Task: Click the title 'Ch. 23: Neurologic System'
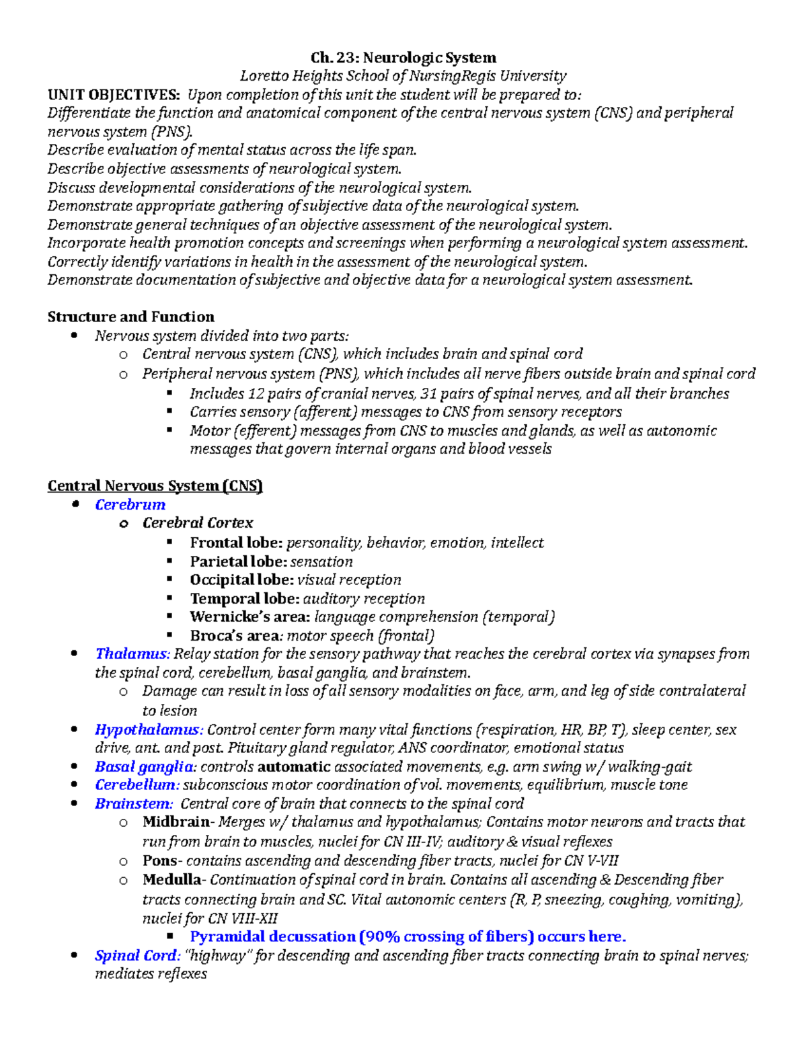pyautogui.click(x=403, y=58)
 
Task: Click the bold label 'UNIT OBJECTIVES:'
pyautogui.click(x=114, y=95)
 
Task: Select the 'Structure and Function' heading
pyautogui.click(x=130, y=317)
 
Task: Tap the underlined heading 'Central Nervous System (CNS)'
pyautogui.click(x=155, y=486)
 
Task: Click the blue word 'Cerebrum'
pyautogui.click(x=130, y=505)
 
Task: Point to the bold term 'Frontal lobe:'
pyautogui.click(x=236, y=543)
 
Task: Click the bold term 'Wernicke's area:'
pyautogui.click(x=249, y=616)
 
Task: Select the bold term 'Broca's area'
pyautogui.click(x=234, y=635)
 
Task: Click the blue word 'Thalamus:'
pyautogui.click(x=132, y=653)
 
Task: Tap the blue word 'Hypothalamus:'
pyautogui.click(x=149, y=729)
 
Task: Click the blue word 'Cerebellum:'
pyautogui.click(x=137, y=785)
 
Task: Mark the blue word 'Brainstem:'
pyautogui.click(x=134, y=803)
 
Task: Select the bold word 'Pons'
pyautogui.click(x=159, y=860)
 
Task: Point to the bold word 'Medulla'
pyautogui.click(x=171, y=879)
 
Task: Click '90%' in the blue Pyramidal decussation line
pyautogui.click(x=383, y=936)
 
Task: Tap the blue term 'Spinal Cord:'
pyautogui.click(x=137, y=955)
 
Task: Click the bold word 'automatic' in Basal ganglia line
pyautogui.click(x=294, y=766)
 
